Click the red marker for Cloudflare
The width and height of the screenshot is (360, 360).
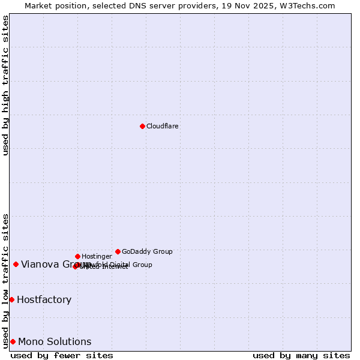pos(142,126)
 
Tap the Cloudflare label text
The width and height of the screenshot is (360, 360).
pos(162,126)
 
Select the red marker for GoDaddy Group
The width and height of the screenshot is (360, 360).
pos(118,251)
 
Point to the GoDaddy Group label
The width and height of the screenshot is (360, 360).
pos(147,251)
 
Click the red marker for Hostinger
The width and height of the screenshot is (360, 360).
pos(77,256)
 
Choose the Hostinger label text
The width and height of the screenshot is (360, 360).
pos(97,256)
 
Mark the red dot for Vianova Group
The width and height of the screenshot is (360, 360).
pos(16,264)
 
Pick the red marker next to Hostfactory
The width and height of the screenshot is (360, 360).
pos(11,299)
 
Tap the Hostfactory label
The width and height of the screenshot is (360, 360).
pos(44,299)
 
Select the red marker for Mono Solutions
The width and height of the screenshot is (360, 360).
pos(13,341)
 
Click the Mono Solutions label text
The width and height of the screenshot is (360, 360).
pos(55,341)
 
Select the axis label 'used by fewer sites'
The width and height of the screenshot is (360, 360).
pos(62,355)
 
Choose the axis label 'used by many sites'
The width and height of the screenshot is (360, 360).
pos(301,355)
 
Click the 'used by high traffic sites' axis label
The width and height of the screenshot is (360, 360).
pos(6,85)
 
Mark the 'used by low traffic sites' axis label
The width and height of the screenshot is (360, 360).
pos(6,280)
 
